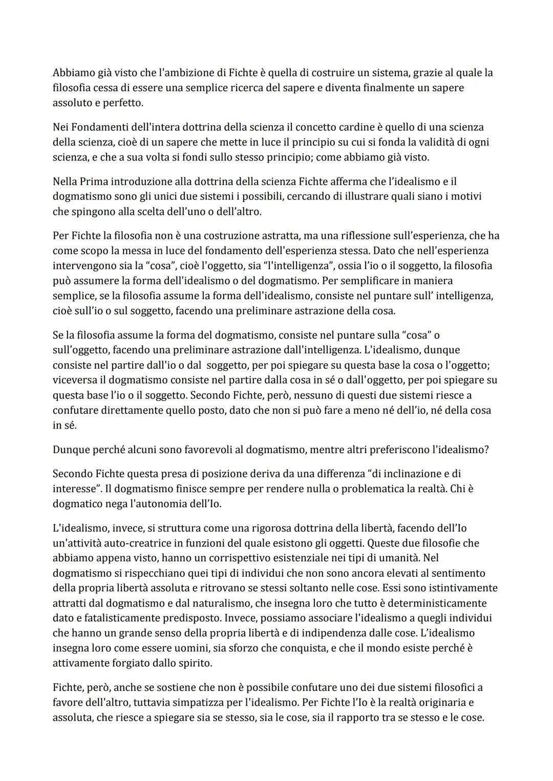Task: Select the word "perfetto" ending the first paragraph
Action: [125, 102]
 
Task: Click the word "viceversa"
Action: [75, 380]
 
